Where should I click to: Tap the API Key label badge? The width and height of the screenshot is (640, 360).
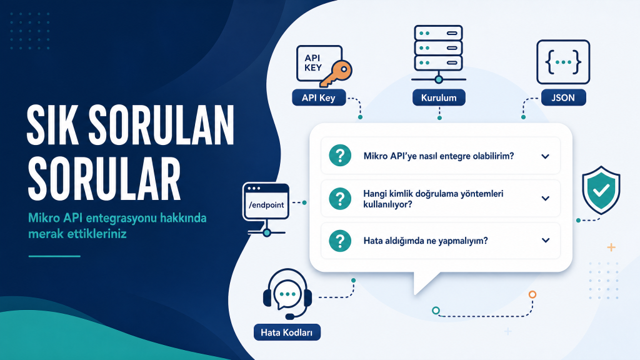[x=319, y=98]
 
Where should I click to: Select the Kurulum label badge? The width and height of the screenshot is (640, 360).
[x=439, y=98]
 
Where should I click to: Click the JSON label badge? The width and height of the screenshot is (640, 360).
[x=563, y=98]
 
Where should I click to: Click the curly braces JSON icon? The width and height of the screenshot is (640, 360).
[x=563, y=62]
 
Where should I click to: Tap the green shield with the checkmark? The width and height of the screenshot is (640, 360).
[x=601, y=190]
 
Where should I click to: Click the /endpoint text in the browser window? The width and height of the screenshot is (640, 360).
[x=266, y=205]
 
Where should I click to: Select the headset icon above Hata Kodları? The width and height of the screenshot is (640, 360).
[x=287, y=294]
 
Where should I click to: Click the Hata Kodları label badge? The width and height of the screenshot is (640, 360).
[x=287, y=332]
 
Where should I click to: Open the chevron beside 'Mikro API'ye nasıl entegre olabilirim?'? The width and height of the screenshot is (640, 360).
[x=545, y=156]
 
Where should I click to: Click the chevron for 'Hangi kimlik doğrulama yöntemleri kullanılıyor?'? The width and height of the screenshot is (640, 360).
[x=545, y=198]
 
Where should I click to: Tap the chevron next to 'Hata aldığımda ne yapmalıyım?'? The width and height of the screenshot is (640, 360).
[x=545, y=241]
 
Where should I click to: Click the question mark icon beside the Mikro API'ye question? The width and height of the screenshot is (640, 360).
[x=340, y=156]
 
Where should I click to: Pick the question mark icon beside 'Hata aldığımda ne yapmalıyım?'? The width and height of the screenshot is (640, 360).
[x=340, y=241]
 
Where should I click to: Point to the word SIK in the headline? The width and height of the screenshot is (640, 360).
[x=52, y=124]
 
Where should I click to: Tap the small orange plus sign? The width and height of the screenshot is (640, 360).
[x=611, y=247]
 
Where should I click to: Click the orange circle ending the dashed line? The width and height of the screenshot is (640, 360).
[x=532, y=294]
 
